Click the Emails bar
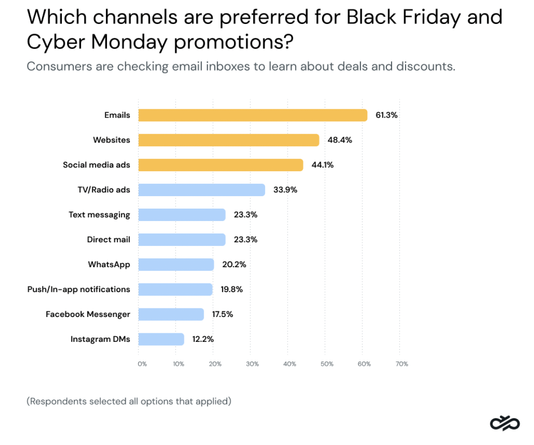[253, 115]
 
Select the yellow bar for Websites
[229, 140]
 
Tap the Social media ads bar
[221, 165]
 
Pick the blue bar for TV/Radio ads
[201, 190]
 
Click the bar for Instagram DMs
[161, 340]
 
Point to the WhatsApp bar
[176, 265]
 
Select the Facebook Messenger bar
[171, 315]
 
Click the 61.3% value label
[386, 115]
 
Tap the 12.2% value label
[203, 340]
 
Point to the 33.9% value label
[285, 190]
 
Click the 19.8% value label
[232, 290]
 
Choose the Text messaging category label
[99, 215]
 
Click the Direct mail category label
[108, 240]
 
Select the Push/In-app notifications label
[79, 290]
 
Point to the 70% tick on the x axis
[402, 364]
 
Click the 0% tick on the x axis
[142, 364]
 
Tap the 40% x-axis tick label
[290, 364]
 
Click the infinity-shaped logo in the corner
[505, 424]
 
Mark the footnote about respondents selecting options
[129, 401]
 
